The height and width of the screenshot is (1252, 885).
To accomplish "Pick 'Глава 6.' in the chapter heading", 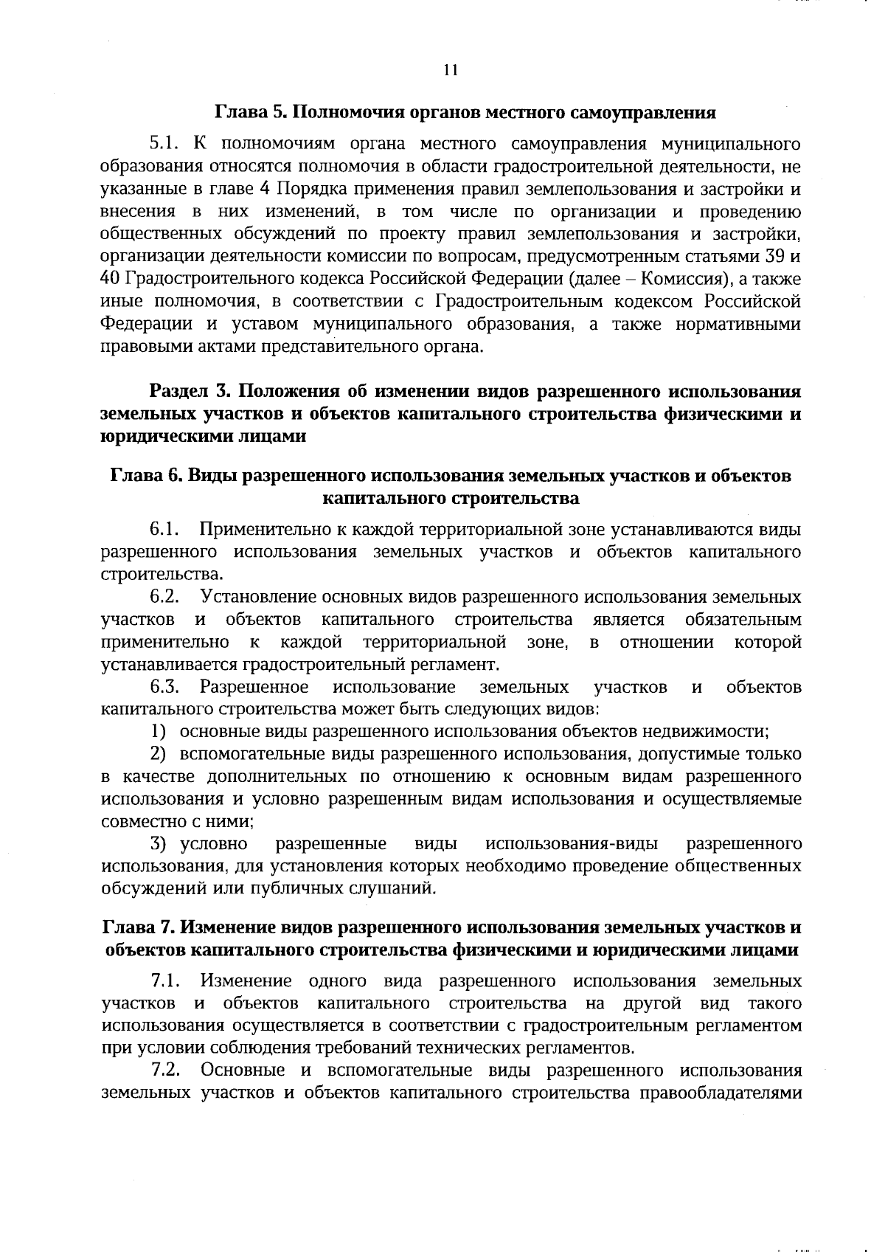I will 144,476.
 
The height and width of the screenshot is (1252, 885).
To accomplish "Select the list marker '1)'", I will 158,732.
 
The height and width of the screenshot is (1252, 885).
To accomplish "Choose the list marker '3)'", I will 158,843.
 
